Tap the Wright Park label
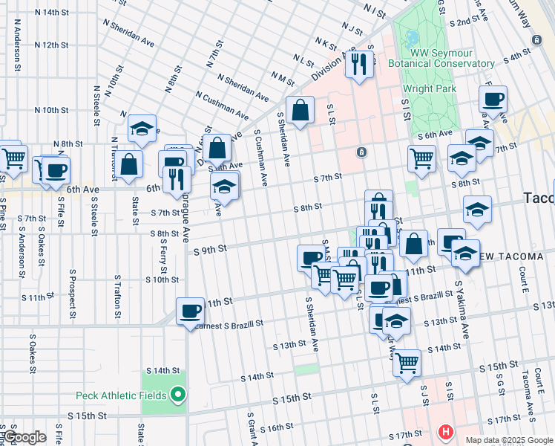(430, 89)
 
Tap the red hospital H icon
(445, 431)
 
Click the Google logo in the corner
(24, 437)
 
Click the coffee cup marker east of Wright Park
(493, 98)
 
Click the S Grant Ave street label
(252, 429)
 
